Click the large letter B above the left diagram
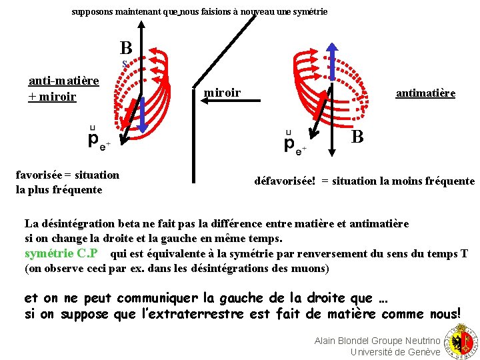(x=126, y=48)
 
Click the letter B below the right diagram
(x=357, y=137)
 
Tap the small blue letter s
(x=124, y=64)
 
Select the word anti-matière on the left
(x=63, y=81)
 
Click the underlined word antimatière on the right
(x=425, y=93)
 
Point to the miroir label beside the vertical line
(x=222, y=93)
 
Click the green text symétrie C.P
(x=61, y=253)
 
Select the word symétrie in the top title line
(x=310, y=12)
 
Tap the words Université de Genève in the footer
(x=395, y=352)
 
